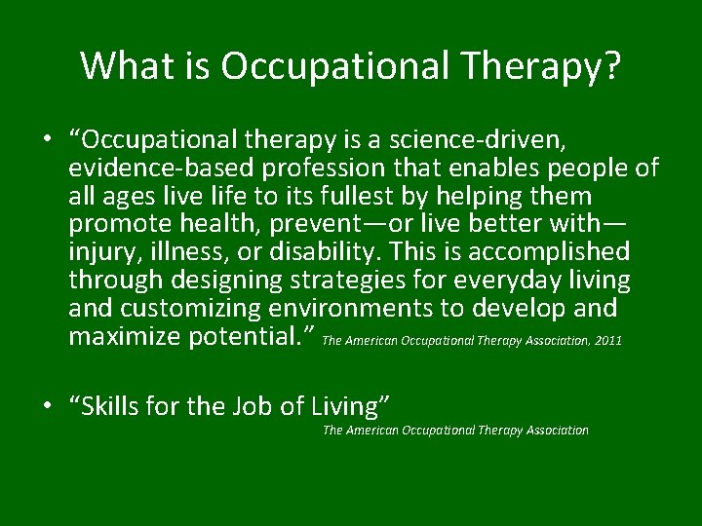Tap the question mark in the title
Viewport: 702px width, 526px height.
click(610, 65)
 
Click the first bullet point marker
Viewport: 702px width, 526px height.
click(47, 140)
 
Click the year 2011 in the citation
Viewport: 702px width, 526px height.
click(606, 342)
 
